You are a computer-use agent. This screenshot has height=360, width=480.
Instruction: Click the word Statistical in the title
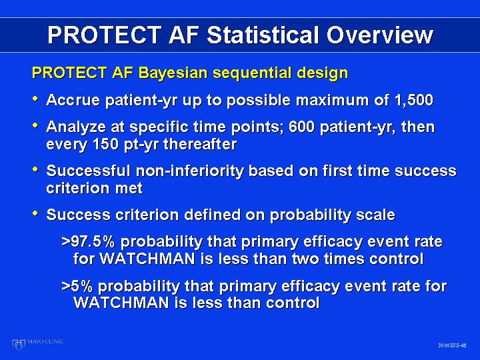(x=264, y=35)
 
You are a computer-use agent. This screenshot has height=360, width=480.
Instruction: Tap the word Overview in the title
(x=380, y=35)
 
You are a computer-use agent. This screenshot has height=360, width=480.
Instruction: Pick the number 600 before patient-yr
(x=301, y=127)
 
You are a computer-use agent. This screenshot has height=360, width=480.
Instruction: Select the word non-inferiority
(x=190, y=171)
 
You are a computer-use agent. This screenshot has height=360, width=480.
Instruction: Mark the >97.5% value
(x=88, y=241)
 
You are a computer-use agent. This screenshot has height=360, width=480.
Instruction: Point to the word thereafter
(x=200, y=143)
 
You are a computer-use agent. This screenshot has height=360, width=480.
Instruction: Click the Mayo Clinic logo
(x=37, y=343)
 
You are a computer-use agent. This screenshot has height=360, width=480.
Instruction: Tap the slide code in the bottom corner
(x=452, y=345)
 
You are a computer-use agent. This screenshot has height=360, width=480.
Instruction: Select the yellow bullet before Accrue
(x=35, y=99)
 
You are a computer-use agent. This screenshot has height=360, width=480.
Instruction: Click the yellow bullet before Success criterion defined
(x=35, y=213)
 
